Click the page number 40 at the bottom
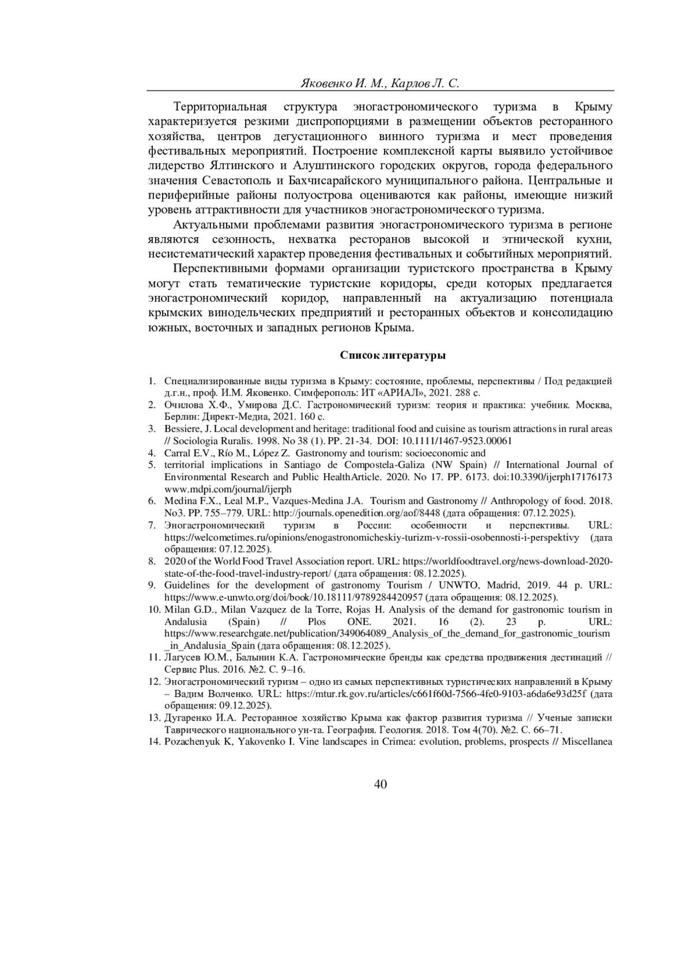click(380, 783)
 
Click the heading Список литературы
click(392, 355)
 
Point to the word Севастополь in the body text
click(239, 179)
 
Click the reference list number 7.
click(152, 525)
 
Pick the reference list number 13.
click(153, 718)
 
